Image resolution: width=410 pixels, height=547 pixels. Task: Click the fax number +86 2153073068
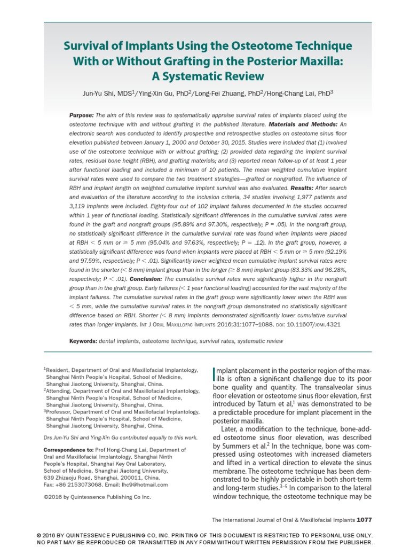coord(74,485)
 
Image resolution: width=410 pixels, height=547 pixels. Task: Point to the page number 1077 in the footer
coord(365,519)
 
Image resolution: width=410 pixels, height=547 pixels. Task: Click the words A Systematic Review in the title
coord(205,75)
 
